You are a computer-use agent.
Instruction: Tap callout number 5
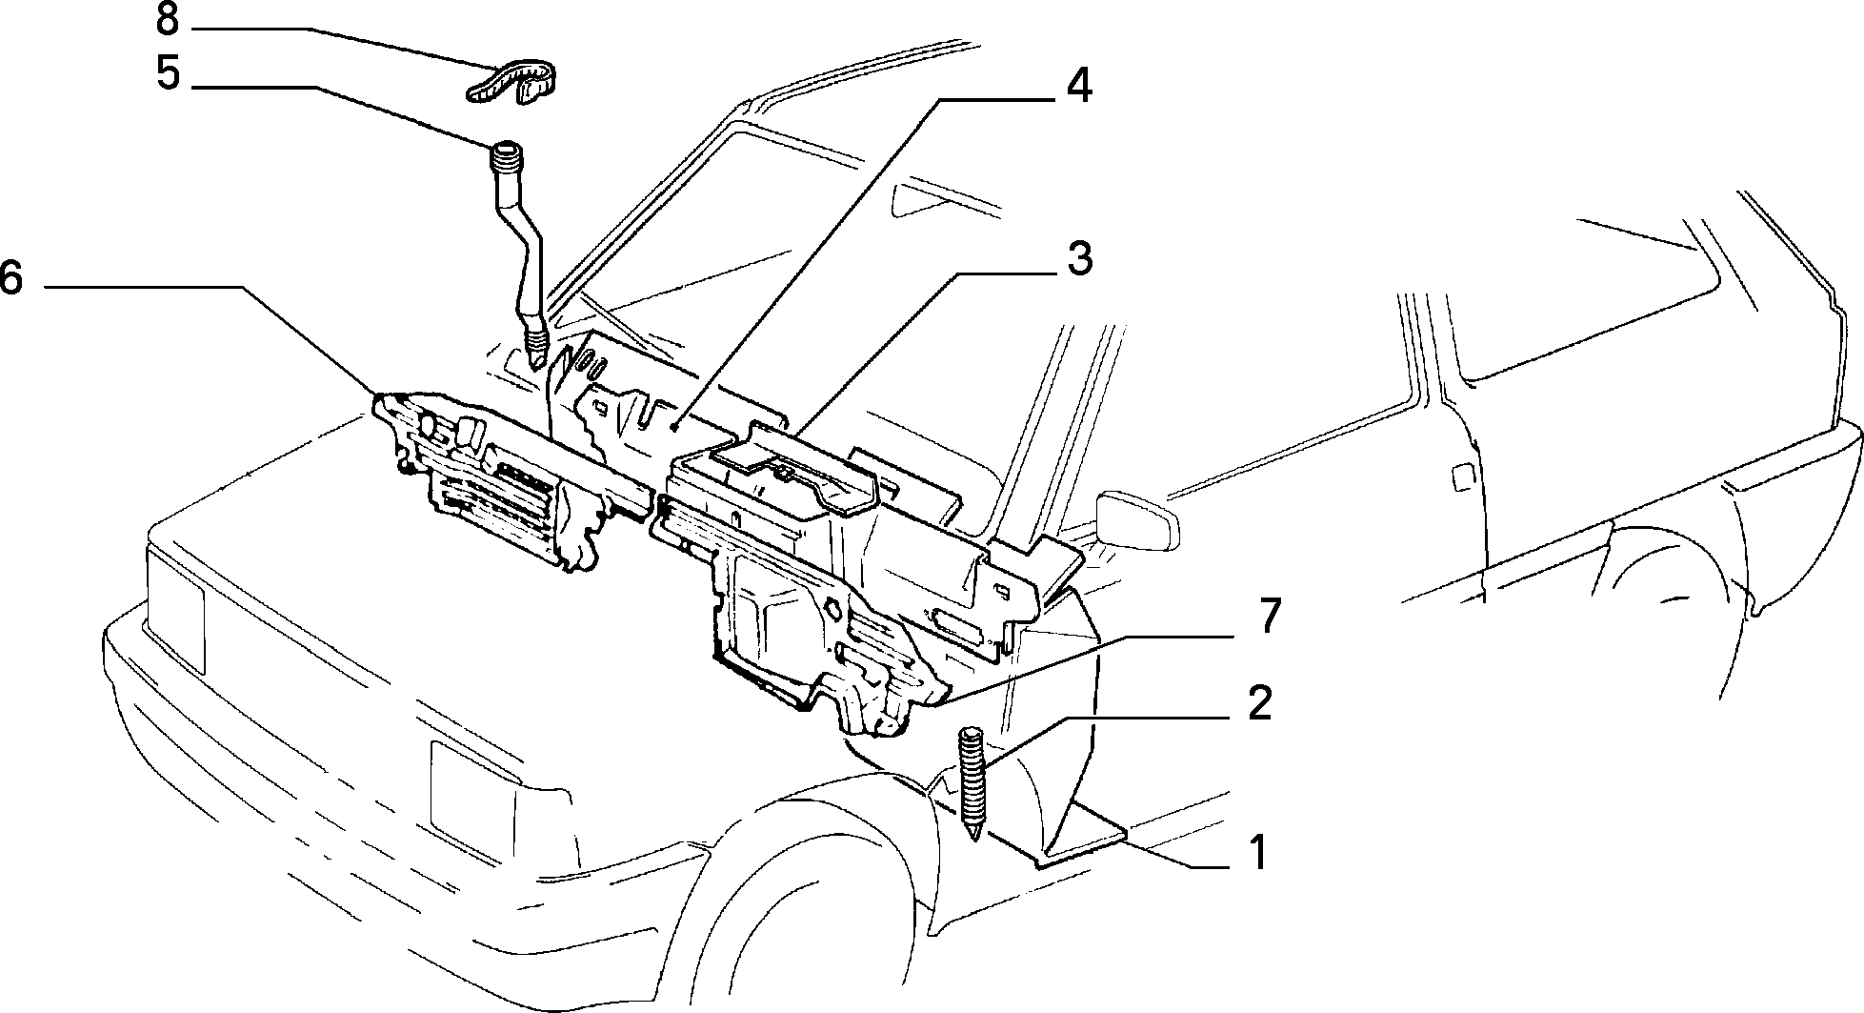[x=168, y=73]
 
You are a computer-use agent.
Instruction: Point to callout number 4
[x=1078, y=86]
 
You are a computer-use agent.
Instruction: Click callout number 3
[x=1078, y=258]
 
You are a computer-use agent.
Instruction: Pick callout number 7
[x=1271, y=618]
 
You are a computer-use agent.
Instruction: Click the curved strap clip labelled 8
[x=511, y=80]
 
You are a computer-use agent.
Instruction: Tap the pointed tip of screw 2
[x=973, y=837]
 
